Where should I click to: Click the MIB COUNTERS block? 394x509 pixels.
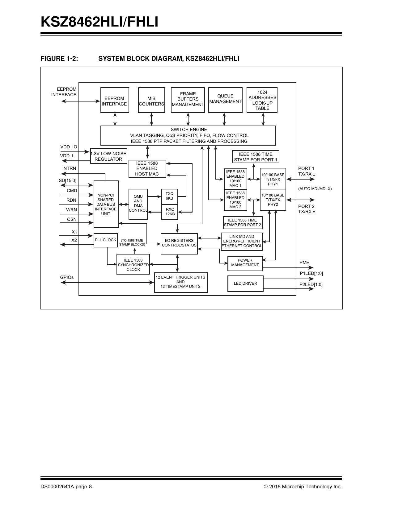point(151,100)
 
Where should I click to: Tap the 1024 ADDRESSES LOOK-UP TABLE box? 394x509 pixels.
point(262,100)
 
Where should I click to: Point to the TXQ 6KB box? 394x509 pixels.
point(170,196)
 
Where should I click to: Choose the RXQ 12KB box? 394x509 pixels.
point(170,212)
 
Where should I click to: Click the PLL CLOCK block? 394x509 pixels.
point(106,240)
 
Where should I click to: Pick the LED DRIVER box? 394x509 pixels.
point(245,283)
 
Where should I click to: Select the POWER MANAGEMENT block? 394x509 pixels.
point(245,263)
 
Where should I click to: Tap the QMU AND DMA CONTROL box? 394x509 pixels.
point(138,204)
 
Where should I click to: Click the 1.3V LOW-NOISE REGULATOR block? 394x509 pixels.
point(108,156)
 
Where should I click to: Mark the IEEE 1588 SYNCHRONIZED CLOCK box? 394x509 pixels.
point(133,265)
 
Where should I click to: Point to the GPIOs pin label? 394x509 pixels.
point(67,277)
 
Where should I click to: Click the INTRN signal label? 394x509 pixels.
point(69,168)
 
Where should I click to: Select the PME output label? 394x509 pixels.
point(304,263)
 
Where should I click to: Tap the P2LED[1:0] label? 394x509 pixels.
point(311,284)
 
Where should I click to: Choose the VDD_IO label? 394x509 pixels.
point(69,147)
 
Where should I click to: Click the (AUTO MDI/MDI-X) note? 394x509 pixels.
point(315,189)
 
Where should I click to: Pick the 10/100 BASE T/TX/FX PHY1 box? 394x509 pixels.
point(273,179)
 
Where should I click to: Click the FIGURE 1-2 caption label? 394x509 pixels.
point(59,59)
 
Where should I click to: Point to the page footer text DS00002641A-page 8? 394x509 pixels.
point(66,487)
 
